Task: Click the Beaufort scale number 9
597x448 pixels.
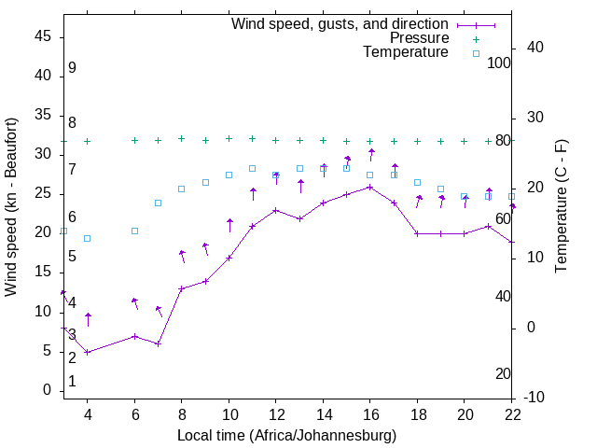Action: click(x=72, y=68)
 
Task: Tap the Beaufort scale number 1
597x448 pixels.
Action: click(x=72, y=382)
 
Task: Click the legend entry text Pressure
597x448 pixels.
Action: click(x=419, y=38)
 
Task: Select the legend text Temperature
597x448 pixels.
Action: click(x=406, y=52)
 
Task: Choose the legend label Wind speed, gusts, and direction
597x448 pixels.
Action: click(x=340, y=24)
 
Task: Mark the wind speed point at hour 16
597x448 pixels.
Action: click(x=370, y=187)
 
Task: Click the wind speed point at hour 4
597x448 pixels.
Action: click(x=87, y=352)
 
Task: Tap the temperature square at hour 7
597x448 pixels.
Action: click(x=158, y=203)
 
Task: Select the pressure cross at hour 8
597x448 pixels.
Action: click(x=182, y=138)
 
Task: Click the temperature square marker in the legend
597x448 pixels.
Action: click(x=476, y=53)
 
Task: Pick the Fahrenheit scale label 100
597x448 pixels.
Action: click(x=499, y=63)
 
